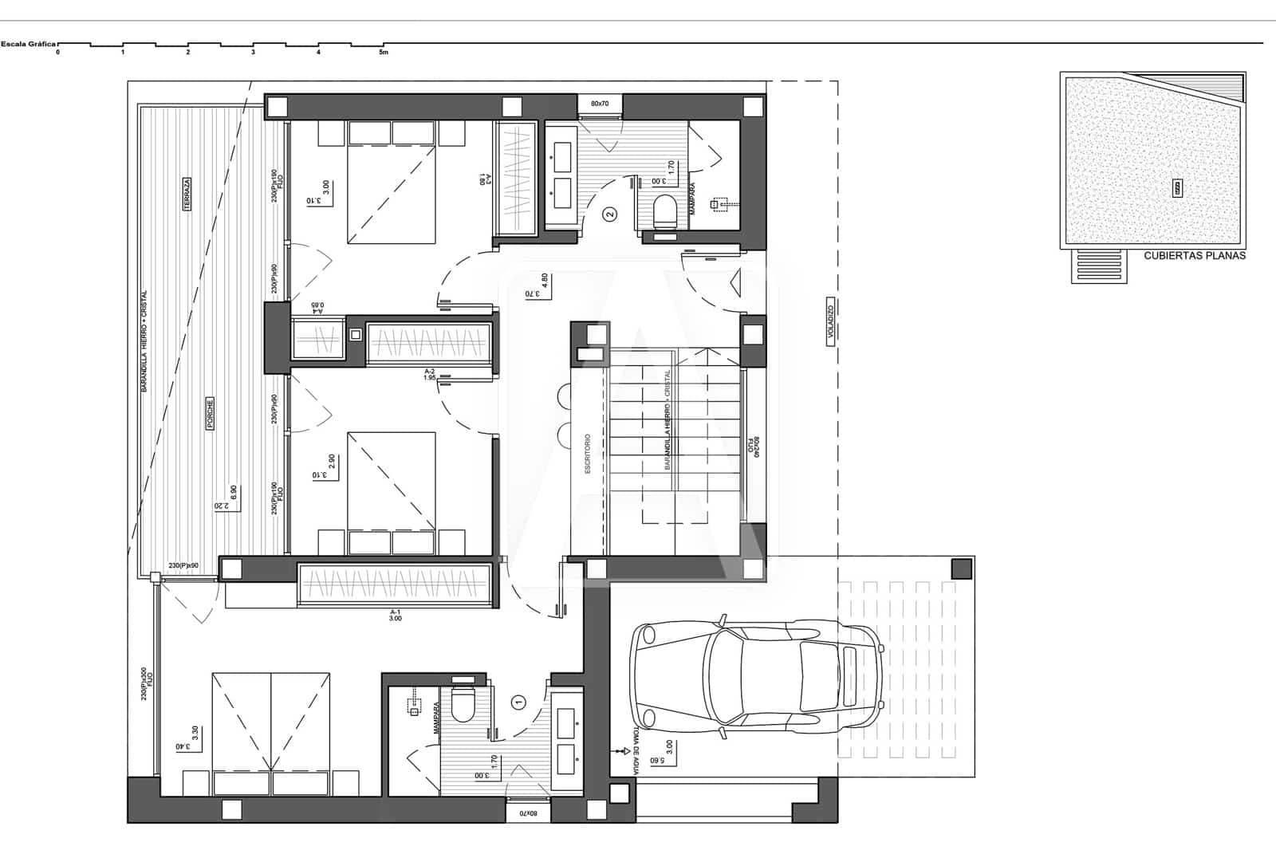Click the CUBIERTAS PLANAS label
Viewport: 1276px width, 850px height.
(x=1194, y=256)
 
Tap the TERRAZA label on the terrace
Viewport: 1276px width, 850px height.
(x=187, y=194)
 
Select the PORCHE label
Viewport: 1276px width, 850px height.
(x=210, y=414)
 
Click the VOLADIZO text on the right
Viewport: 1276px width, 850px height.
(x=830, y=323)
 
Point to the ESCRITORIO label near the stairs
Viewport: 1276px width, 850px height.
(x=588, y=455)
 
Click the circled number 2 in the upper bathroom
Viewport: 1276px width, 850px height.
(x=610, y=214)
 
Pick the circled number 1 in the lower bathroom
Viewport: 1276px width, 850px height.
(x=519, y=702)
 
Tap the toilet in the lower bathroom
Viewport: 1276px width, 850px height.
(x=462, y=702)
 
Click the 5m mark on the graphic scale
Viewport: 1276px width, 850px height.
(x=384, y=53)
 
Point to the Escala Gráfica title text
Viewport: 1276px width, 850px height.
(x=28, y=45)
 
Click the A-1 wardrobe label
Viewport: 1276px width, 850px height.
(x=396, y=615)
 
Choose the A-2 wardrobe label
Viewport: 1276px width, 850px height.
(x=429, y=375)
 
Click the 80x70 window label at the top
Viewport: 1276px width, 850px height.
(x=599, y=104)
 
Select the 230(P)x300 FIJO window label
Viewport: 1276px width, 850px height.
(x=145, y=684)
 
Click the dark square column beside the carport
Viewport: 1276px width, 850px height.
(x=962, y=569)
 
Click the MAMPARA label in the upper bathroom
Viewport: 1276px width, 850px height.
(x=692, y=199)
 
